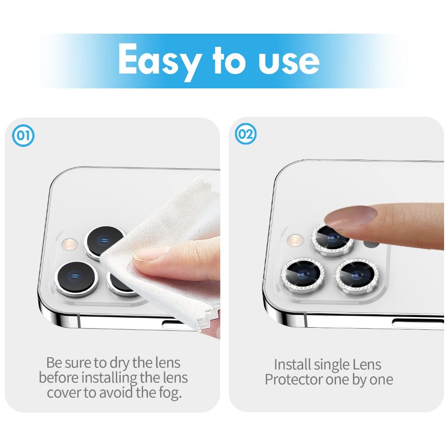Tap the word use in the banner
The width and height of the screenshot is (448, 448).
[289, 61]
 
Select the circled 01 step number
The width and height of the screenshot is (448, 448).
[23, 136]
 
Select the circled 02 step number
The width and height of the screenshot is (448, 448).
[245, 134]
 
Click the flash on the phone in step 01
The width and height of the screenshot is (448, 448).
[70, 244]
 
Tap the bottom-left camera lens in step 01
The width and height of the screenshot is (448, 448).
[76, 278]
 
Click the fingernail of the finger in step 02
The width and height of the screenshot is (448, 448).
[351, 217]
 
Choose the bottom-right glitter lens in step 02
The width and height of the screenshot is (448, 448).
[357, 276]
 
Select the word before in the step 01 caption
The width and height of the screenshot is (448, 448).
[59, 378]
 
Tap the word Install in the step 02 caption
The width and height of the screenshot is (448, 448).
[292, 364]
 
